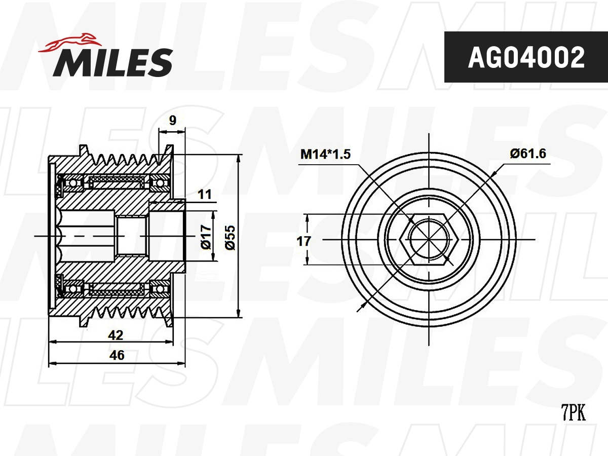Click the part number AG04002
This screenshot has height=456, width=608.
pyautogui.click(x=526, y=57)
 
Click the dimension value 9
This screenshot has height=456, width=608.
pyautogui.click(x=173, y=121)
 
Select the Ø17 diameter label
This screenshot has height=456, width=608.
pyautogui.click(x=206, y=237)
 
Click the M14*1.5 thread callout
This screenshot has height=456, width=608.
pyautogui.click(x=325, y=154)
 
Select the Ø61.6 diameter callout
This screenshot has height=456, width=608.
pyautogui.click(x=528, y=154)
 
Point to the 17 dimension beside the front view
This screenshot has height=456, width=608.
pyautogui.click(x=303, y=241)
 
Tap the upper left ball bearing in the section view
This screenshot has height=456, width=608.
pyautogui.click(x=73, y=183)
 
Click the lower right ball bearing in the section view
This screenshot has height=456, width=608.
pyautogui.click(x=161, y=289)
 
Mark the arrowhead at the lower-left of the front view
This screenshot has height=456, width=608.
pyautogui.click(x=361, y=306)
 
